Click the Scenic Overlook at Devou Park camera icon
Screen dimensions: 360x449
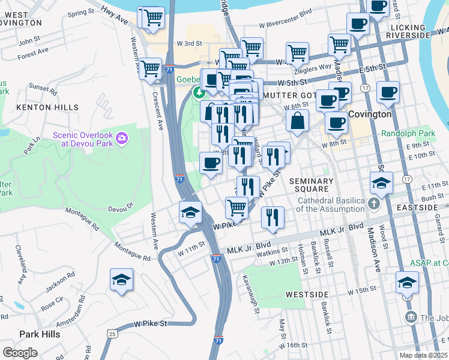pyautogui.click(x=122, y=139)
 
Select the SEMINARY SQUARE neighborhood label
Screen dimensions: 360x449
pyautogui.click(x=311, y=185)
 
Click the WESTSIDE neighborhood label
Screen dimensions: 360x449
pyautogui.click(x=307, y=295)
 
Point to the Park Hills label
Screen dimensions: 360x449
pyautogui.click(x=40, y=334)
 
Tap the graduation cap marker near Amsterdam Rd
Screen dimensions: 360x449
pyautogui.click(x=121, y=280)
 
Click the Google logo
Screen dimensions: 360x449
pyautogui.click(x=20, y=352)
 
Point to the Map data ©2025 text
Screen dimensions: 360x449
pyautogui.click(x=423, y=355)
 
